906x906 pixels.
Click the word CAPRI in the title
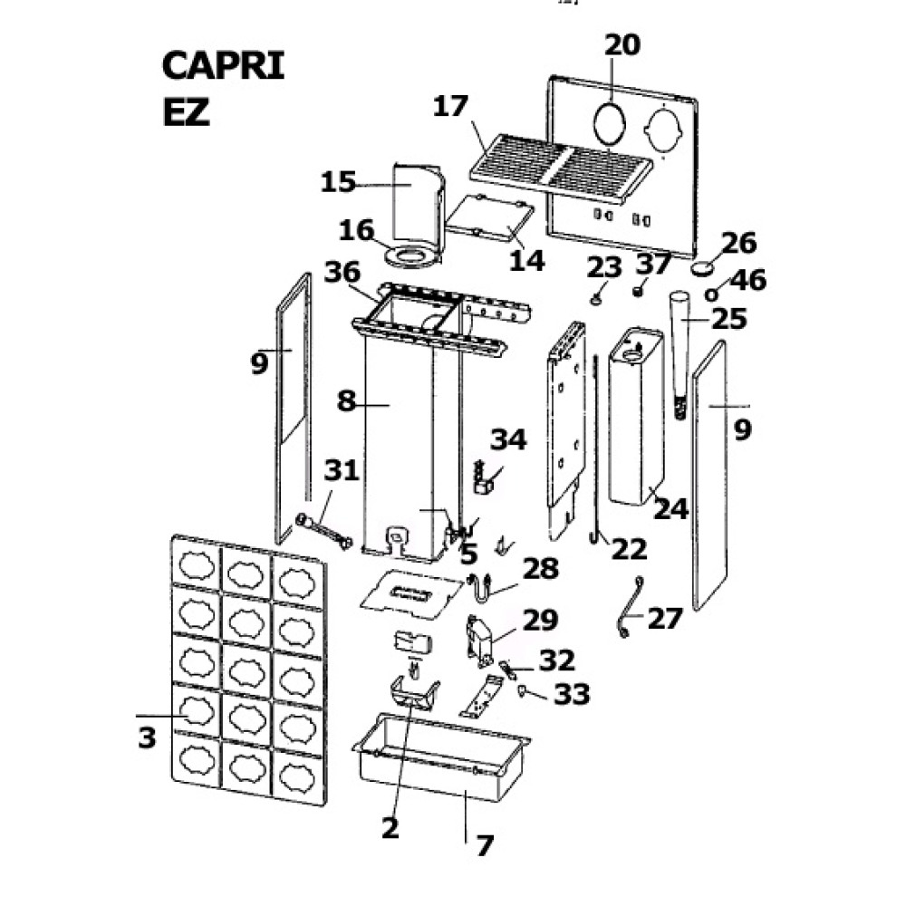point(223,67)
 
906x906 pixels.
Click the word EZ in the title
point(186,112)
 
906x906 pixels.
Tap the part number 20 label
point(622,45)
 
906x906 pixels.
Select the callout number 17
point(450,107)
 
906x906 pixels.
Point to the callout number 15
point(339,183)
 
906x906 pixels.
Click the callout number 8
point(346,400)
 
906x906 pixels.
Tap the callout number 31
point(342,471)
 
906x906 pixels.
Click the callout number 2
point(390,827)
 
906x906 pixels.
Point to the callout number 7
point(485,845)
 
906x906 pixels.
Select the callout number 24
point(671,510)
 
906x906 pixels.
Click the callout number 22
point(630,548)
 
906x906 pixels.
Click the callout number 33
point(572,695)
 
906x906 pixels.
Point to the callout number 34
point(508,441)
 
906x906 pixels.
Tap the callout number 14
point(527,260)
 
